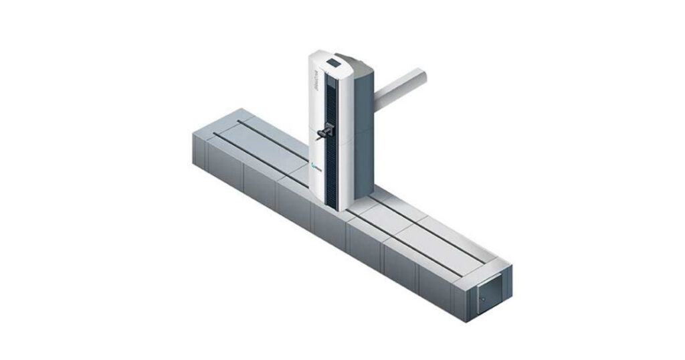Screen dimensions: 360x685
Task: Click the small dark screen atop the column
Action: pos(333,65)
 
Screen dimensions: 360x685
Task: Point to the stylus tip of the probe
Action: pos(316,141)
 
